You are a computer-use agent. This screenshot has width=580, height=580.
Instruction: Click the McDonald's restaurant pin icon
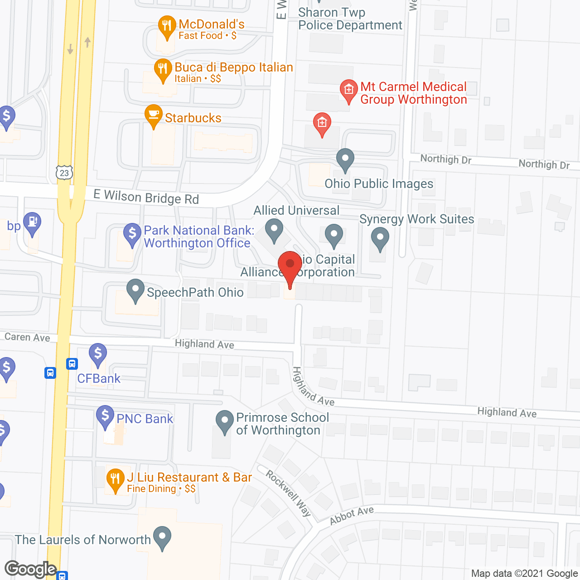[167, 27]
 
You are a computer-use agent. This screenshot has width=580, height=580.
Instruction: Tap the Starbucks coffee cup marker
[154, 115]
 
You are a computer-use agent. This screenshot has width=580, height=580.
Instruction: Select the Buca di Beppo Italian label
[234, 68]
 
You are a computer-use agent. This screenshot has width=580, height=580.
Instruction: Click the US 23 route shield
[65, 173]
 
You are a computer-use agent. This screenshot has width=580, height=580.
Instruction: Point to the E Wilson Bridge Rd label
[146, 197]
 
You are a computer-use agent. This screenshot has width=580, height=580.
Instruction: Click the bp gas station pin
[32, 223]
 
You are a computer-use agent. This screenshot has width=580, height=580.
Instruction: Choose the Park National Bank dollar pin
[132, 234]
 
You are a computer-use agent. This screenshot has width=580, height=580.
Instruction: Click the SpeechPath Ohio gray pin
[135, 290]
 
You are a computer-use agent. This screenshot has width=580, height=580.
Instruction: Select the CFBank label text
[99, 379]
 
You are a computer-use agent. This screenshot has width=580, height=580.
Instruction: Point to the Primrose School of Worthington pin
[224, 421]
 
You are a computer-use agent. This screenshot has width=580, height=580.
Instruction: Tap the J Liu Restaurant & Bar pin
[116, 479]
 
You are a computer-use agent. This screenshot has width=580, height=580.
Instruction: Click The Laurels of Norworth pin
[162, 537]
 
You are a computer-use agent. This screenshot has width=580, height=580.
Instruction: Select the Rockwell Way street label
[289, 493]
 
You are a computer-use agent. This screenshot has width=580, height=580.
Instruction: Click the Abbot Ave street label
[352, 516]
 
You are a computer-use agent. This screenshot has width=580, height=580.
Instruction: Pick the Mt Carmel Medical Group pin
[348, 90]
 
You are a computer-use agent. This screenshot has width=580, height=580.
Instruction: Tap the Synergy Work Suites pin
[380, 238]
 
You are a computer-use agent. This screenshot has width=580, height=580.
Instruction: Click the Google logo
[31, 569]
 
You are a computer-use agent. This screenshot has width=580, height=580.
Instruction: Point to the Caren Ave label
[27, 337]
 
